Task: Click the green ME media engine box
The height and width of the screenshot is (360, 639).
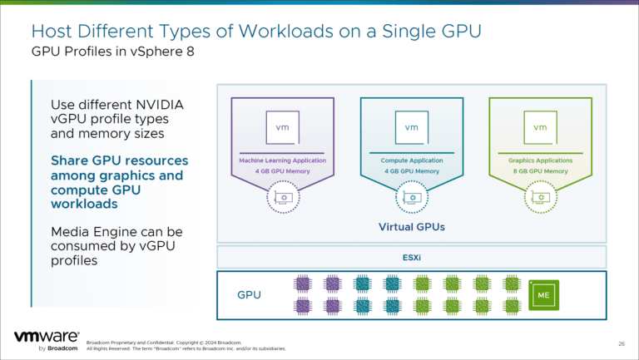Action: [x=543, y=294]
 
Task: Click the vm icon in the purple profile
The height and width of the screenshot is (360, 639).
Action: [x=282, y=127]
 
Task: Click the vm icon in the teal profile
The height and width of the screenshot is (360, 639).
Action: [x=411, y=127]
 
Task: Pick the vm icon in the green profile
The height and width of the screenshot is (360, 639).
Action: [x=540, y=127]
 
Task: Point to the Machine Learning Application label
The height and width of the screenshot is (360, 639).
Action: [x=282, y=160]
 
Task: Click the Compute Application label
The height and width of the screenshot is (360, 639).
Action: [x=411, y=160]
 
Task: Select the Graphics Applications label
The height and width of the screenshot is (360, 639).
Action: [x=540, y=160]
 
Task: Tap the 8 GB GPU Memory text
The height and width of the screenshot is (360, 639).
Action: [x=540, y=170]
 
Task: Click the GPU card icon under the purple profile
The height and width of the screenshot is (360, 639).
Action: [x=282, y=197]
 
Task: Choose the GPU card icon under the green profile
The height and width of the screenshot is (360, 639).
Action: [x=540, y=197]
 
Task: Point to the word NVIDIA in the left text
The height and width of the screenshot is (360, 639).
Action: [x=156, y=105]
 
